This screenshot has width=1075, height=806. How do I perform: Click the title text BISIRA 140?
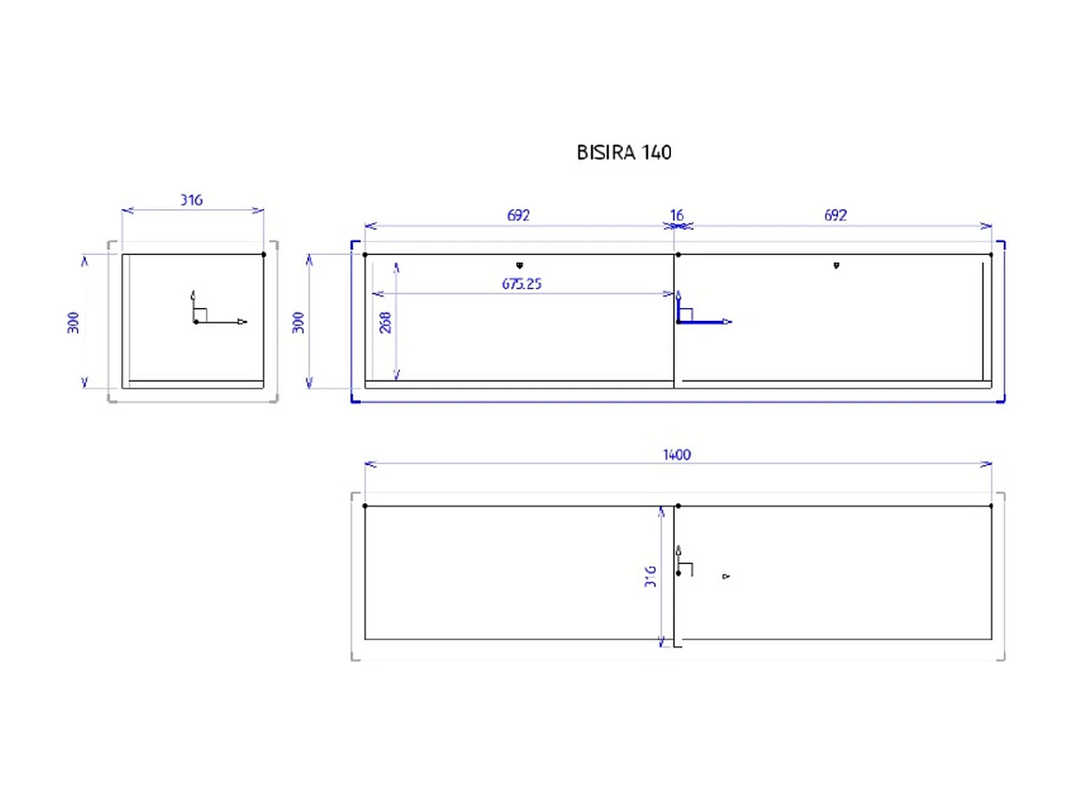click(x=623, y=153)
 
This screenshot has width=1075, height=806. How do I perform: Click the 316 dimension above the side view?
click(x=191, y=200)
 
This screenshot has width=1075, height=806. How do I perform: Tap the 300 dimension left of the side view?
click(x=73, y=322)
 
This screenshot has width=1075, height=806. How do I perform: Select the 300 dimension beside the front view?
click(x=298, y=322)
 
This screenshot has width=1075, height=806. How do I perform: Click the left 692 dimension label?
click(x=518, y=215)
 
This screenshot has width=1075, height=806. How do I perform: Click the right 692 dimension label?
click(x=836, y=215)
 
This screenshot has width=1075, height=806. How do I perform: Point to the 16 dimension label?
click(x=677, y=215)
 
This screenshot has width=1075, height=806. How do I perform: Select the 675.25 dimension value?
click(x=522, y=284)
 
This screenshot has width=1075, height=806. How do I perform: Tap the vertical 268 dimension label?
click(x=386, y=322)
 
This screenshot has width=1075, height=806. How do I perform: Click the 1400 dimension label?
click(x=677, y=455)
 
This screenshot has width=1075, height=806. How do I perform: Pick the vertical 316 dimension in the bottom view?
click(x=651, y=577)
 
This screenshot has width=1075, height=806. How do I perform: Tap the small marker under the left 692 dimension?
click(x=520, y=266)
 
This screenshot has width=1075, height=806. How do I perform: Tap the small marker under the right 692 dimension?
click(x=836, y=266)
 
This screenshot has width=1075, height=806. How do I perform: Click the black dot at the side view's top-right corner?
click(x=264, y=254)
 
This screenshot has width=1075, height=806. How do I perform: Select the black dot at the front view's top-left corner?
click(x=365, y=254)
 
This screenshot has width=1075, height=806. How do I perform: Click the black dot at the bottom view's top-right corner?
click(x=991, y=506)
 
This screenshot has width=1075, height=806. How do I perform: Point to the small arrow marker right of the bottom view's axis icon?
click(x=726, y=576)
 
